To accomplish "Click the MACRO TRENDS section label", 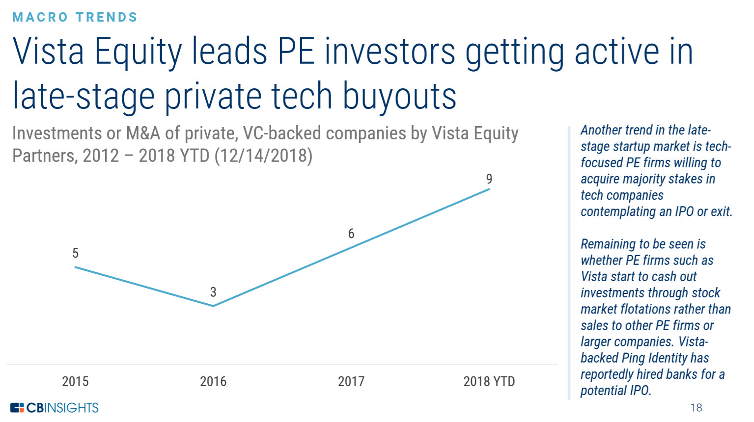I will click(75, 17).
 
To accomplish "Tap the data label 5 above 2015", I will click(75, 253).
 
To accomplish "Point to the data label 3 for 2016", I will click(213, 292).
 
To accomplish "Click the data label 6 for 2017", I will click(351, 234).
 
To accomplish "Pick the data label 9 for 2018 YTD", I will click(489, 179).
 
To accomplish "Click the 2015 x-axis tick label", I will click(75, 381).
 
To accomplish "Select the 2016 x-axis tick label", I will click(213, 381).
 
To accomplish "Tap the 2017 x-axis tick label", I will click(351, 381).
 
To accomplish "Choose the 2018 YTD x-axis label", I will click(489, 381).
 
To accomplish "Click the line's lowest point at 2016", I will click(213, 306).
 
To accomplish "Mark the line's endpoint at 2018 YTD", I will click(489, 189).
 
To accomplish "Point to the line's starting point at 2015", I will click(75, 267).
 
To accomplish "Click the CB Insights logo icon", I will click(17, 408).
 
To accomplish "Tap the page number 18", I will click(696, 408).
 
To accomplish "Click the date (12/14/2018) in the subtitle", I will click(263, 156).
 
